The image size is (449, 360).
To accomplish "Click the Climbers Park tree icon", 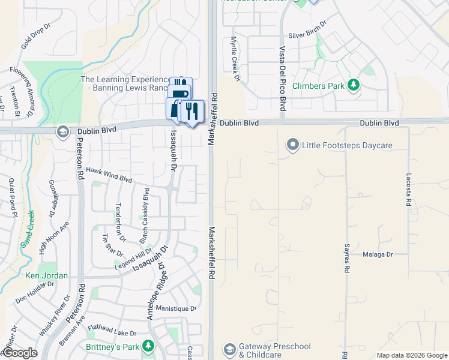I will pos(354,85).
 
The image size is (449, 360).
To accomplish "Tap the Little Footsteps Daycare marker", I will pos(292,145).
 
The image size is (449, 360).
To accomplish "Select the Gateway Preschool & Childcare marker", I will pos(229,349).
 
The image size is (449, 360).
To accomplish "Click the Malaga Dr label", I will pos(378,254).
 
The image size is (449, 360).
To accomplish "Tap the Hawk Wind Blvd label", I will pos(109,175).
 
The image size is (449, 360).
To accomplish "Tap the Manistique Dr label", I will pos(176,308).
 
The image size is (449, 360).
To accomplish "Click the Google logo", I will pos(19,353).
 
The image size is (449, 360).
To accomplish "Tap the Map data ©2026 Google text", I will pos(411,355).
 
